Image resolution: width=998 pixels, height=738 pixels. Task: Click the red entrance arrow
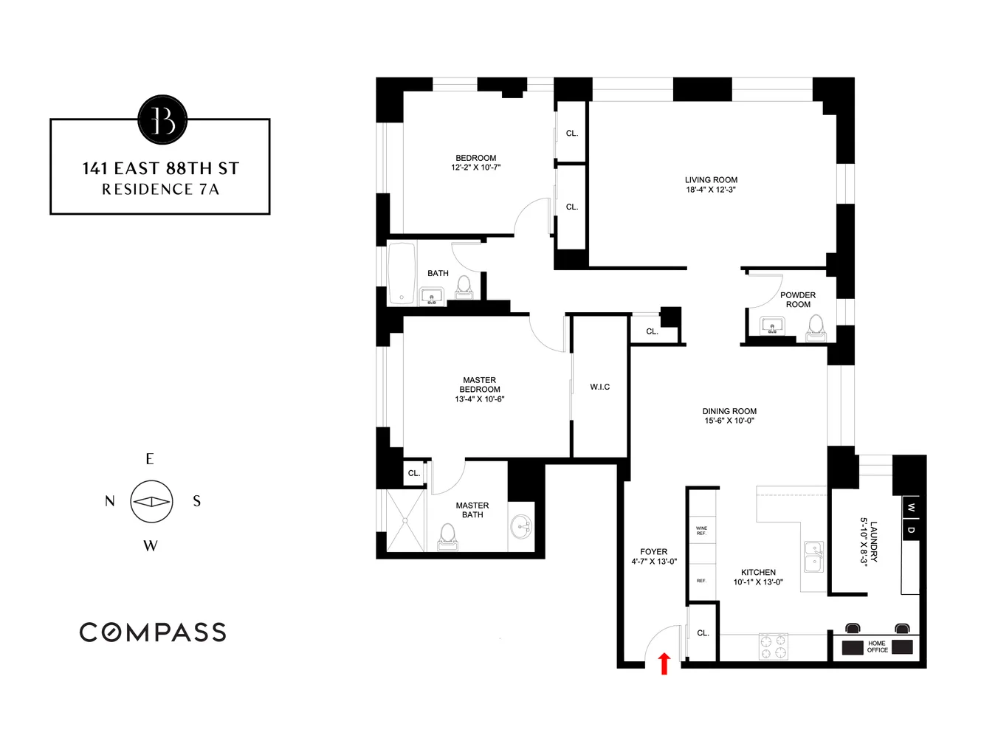coord(664,663)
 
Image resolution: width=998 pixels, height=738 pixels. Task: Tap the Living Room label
coord(711,180)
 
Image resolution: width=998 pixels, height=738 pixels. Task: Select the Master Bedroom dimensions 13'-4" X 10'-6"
coord(480,399)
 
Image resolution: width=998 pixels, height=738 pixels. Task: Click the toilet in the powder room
coord(816,326)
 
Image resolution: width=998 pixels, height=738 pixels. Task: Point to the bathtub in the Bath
coord(402,274)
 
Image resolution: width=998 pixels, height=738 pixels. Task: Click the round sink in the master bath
coord(521,527)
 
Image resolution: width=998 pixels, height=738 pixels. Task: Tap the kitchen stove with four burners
coord(773,646)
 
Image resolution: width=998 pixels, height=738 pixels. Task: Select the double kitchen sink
coord(813,556)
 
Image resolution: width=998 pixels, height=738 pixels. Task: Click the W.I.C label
coord(599,387)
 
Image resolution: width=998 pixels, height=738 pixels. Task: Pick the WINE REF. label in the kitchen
coord(701,530)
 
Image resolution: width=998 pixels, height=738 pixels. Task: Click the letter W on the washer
coord(912,508)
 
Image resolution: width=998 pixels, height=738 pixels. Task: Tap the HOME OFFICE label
coord(877,646)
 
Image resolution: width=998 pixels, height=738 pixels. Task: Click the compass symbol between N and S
coord(151,502)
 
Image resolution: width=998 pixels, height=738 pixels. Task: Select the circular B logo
coord(162,120)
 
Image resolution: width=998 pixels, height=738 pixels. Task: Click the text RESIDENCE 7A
coord(160,190)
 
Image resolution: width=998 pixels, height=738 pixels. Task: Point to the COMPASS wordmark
coord(153,632)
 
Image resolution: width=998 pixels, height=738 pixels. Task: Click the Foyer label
coord(653,552)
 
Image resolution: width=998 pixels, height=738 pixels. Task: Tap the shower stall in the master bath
coord(405,521)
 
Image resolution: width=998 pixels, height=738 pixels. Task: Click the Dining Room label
coord(729,411)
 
